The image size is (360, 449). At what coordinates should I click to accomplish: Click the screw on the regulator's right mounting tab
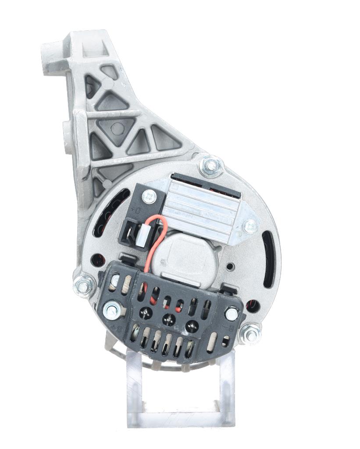250,226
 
